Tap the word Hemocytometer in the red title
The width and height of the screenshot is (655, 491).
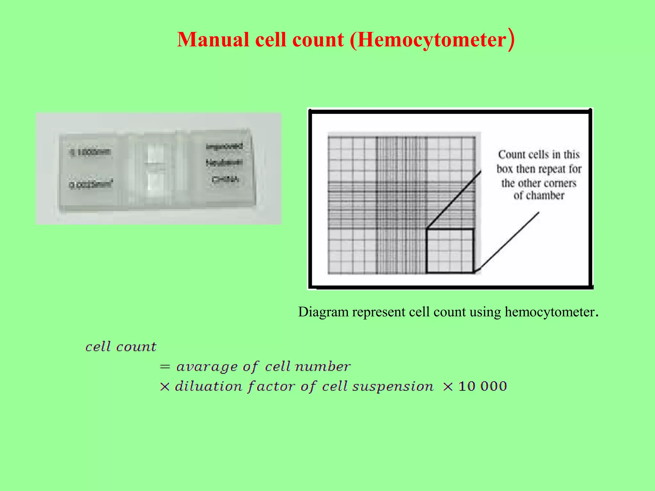(432, 40)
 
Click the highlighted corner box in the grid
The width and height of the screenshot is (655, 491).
(450, 251)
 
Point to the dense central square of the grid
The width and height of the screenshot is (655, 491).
(401, 205)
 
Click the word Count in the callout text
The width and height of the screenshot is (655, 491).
(512, 155)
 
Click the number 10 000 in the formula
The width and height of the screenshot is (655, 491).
(483, 386)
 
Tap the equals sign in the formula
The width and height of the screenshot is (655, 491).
(165, 367)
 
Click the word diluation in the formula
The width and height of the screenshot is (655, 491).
(209, 386)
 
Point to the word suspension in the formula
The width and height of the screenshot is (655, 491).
(393, 387)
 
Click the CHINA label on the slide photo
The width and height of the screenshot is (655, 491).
(225, 180)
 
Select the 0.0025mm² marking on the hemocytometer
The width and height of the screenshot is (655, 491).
(91, 185)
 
